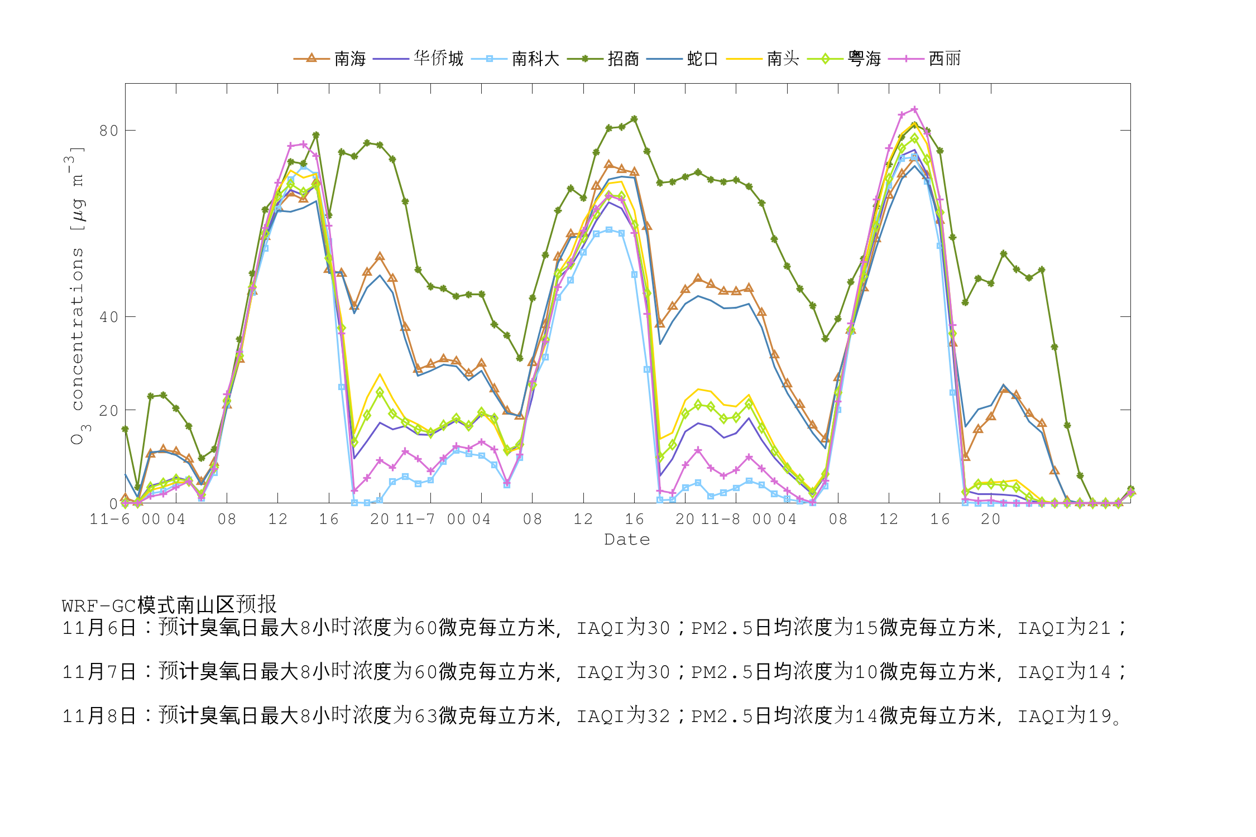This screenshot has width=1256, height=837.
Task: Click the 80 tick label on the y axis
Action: [x=109, y=131]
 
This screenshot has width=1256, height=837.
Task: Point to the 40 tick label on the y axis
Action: [x=109, y=317]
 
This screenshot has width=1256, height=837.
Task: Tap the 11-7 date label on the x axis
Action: [x=415, y=519]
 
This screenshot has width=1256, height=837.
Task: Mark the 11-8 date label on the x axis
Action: [x=720, y=519]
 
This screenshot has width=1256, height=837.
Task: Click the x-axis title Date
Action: [x=627, y=540]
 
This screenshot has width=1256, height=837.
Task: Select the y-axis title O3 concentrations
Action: [x=77, y=296]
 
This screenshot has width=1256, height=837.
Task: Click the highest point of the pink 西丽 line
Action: [x=914, y=109]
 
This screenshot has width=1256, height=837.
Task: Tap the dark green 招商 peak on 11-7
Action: [x=634, y=119]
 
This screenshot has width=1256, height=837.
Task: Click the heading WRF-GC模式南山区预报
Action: [x=169, y=605]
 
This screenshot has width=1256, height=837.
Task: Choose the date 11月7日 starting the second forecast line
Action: [x=99, y=671]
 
